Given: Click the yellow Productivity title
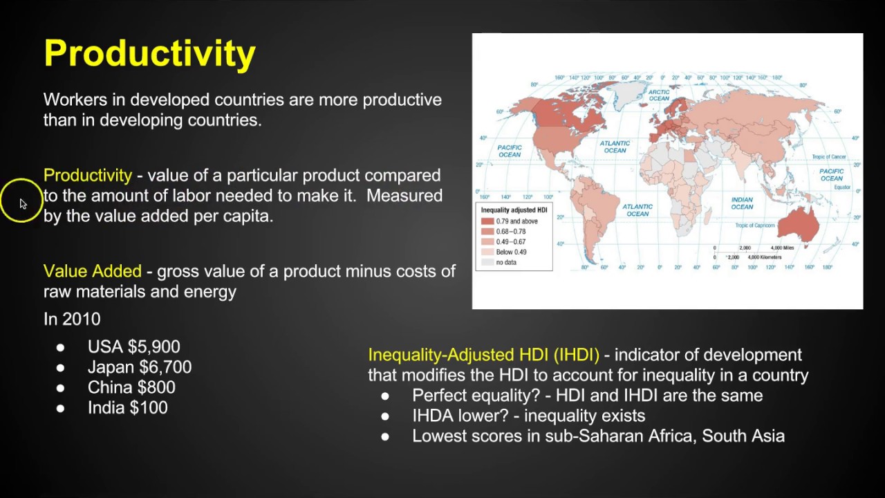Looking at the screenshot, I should coord(149,53).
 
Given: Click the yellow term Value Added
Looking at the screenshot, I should coord(92,271).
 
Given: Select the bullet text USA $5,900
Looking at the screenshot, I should coord(133,347).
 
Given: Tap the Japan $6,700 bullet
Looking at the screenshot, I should coord(139,367).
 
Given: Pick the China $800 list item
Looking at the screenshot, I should coord(131,387).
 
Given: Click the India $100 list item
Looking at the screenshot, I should coord(127,408).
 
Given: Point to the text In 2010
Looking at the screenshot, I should coord(72,319).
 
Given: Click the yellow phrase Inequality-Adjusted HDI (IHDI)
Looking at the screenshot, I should coord(483,355).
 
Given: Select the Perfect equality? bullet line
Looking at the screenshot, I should coord(587,396).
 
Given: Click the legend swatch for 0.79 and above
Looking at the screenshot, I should coord(487,221).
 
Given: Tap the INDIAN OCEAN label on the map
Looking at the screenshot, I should coord(742,203).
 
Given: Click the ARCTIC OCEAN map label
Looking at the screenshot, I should coord(659,95).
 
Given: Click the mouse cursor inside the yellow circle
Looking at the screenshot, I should coord(22,203).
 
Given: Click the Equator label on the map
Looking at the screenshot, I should coord(842,187).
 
